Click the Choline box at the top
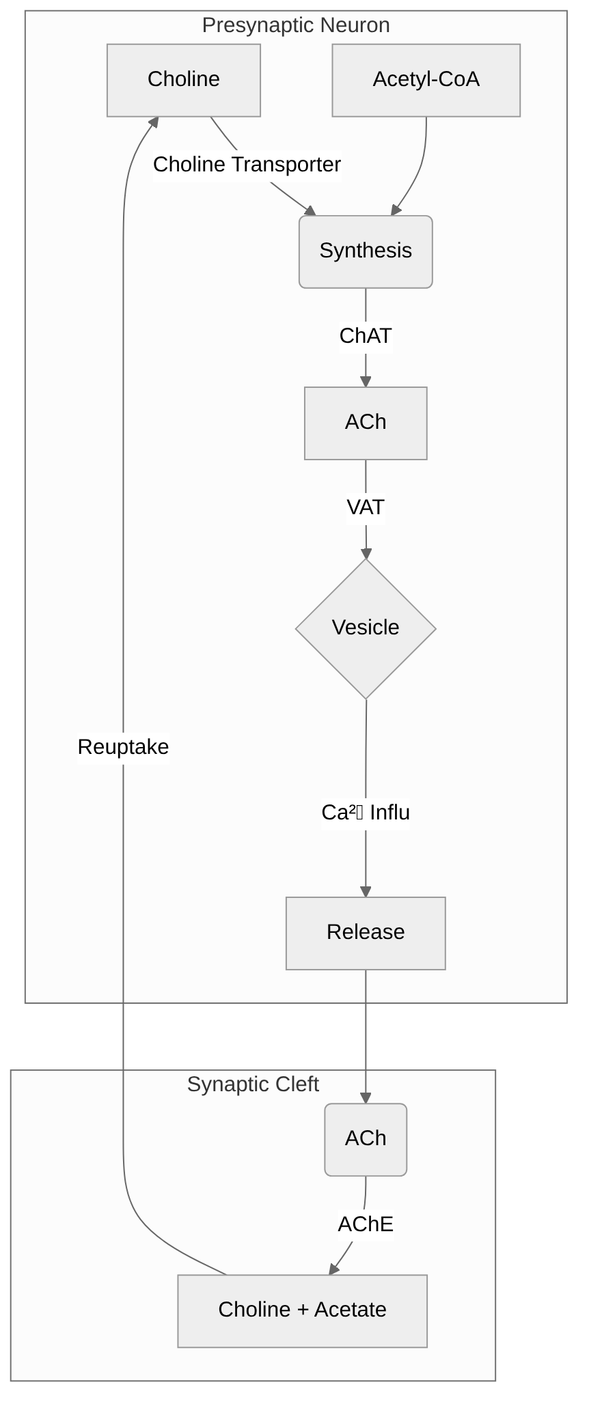(183, 80)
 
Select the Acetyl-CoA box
(426, 80)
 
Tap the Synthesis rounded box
(366, 251)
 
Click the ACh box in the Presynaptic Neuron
(366, 423)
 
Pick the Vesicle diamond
(366, 628)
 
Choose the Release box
(366, 933)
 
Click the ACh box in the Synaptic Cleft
(366, 1139)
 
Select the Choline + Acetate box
(302, 1310)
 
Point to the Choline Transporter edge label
(247, 165)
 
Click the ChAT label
(366, 336)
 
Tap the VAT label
(366, 507)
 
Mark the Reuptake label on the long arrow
(123, 747)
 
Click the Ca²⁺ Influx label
(366, 813)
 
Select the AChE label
(366, 1224)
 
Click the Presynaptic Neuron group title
(296, 26)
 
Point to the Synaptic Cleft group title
(253, 1084)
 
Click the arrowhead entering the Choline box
(154, 122)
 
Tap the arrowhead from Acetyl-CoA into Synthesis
(395, 210)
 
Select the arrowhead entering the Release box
(366, 891)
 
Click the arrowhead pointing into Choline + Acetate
(333, 1269)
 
